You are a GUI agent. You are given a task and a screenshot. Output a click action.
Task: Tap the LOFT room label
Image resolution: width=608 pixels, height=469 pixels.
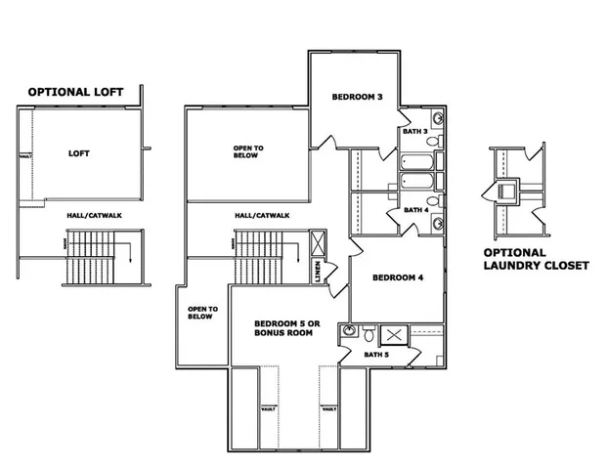(79, 153)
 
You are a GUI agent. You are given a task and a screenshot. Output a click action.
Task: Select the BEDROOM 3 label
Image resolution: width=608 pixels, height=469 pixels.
(357, 96)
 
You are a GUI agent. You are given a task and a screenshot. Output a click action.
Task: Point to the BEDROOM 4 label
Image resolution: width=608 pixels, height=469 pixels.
(398, 277)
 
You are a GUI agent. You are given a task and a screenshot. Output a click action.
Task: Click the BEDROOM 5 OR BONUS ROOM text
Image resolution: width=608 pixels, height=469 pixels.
(282, 328)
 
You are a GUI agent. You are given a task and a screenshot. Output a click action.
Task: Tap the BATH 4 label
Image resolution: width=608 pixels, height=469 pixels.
(416, 209)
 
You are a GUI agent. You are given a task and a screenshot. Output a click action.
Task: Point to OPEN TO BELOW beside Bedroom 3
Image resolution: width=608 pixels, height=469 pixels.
(247, 151)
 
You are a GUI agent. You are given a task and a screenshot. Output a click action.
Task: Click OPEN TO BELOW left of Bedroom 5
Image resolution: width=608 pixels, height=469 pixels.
(200, 312)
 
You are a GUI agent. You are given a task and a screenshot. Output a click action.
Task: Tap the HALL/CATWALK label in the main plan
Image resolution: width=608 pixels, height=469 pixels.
(261, 216)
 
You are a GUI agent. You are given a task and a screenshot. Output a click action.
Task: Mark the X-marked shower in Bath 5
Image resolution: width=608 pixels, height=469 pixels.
(397, 334)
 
